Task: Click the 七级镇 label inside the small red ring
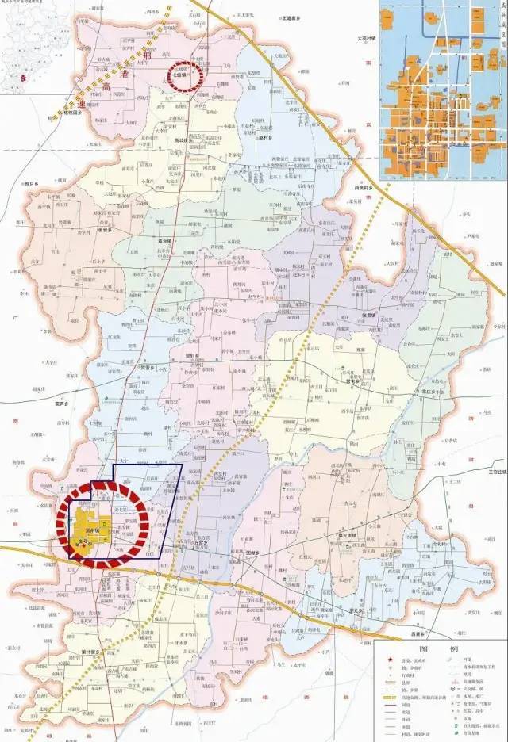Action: pos(184,77)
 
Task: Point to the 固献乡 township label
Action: pos(254,552)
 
